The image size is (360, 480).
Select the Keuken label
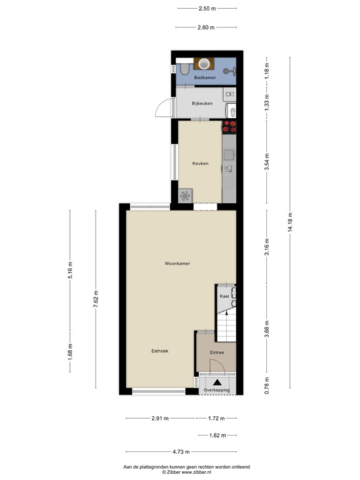(x=200, y=163)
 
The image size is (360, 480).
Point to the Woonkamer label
(x=177, y=263)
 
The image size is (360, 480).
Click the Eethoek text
(x=160, y=351)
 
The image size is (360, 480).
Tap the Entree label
(x=216, y=352)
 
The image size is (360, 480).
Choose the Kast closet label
(x=223, y=296)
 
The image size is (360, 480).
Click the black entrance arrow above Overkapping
(x=217, y=382)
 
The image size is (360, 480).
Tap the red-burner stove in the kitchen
(x=229, y=127)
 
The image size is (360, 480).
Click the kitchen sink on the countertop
(x=229, y=168)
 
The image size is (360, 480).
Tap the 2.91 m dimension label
(x=159, y=418)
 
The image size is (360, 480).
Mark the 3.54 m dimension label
(x=267, y=162)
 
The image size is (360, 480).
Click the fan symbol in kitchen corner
(x=185, y=196)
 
